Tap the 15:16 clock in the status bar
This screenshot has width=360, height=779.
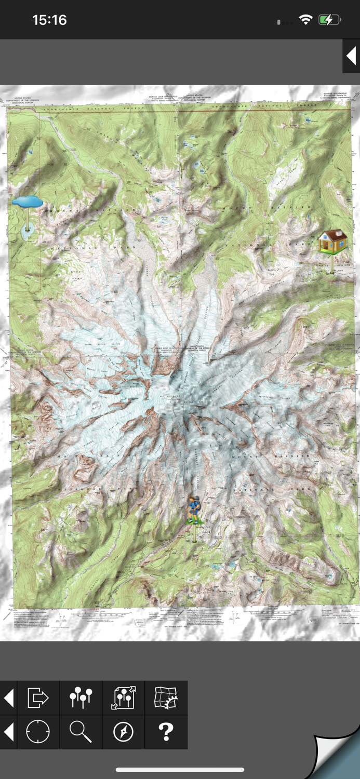(49, 20)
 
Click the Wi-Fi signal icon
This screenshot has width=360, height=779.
(305, 20)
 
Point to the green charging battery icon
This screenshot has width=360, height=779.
(329, 20)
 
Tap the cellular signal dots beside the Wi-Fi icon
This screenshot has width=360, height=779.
(285, 22)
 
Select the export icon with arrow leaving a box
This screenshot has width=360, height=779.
(38, 698)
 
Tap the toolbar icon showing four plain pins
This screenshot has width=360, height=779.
(81, 698)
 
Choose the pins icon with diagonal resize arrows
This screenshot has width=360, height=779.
(124, 698)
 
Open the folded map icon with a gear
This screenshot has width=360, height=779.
(166, 698)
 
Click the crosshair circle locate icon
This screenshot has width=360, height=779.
(38, 732)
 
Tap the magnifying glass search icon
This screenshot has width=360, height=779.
(81, 732)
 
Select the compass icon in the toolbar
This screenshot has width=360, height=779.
(124, 732)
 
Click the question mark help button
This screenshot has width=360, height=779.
(166, 732)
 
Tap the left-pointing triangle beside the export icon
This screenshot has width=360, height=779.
(9, 698)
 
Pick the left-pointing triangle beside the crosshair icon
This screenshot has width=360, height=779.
(9, 732)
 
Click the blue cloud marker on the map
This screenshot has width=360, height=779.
(27, 202)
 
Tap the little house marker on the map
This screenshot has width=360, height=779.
(332, 241)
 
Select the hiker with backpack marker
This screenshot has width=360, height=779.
(194, 509)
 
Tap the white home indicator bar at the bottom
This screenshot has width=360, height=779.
(180, 770)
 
